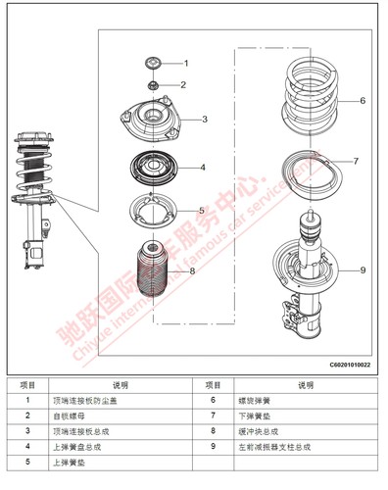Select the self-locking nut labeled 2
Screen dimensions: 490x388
coord(152,84)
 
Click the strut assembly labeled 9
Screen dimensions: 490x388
coord(308,274)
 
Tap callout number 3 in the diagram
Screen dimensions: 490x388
coord(204,120)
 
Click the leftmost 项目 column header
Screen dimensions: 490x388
coord(27,385)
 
